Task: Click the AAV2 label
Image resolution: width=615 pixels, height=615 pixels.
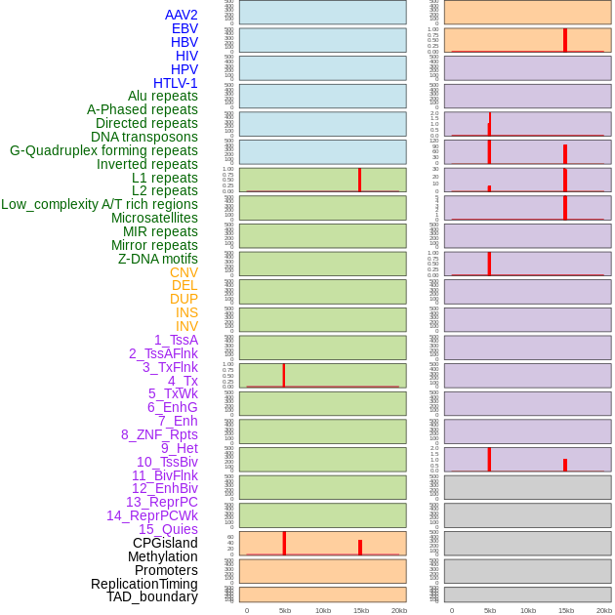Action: point(181,15)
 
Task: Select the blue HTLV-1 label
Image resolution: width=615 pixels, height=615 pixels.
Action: point(175,83)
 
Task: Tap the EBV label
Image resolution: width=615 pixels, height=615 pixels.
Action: point(184,28)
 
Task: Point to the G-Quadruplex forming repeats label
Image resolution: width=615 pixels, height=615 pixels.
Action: point(103,150)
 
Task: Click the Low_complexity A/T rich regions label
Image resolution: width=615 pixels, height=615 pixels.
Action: point(100,204)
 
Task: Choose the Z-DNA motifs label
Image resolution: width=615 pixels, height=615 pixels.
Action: point(157,259)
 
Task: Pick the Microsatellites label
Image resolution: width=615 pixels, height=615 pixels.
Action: point(154,218)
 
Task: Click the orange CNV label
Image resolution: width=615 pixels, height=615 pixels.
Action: point(184,272)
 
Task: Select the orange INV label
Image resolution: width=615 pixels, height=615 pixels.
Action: point(186,326)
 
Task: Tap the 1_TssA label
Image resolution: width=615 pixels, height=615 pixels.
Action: point(176,340)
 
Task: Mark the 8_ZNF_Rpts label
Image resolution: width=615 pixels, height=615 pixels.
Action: point(159,434)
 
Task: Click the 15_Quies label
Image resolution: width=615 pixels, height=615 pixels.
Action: point(168,529)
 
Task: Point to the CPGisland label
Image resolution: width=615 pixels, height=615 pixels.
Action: point(165,543)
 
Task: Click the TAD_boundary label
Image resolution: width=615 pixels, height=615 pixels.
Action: point(151,596)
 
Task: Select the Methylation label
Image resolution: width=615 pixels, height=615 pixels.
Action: point(162,556)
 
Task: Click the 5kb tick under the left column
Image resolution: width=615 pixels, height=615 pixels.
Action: point(285,610)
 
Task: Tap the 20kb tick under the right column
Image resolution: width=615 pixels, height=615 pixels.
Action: point(604,610)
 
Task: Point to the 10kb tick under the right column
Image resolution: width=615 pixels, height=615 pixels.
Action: point(528,610)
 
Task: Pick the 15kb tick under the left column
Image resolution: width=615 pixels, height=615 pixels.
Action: point(361,610)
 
